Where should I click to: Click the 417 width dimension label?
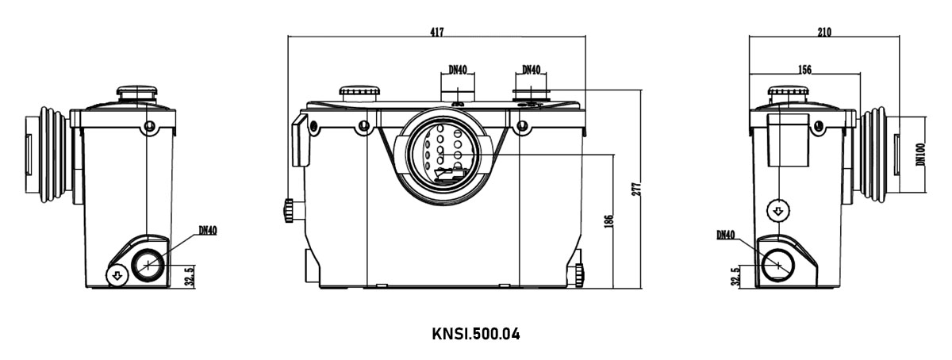(437, 32)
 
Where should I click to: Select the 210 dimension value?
(824, 32)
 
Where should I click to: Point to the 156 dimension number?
(804, 69)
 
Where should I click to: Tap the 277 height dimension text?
(636, 190)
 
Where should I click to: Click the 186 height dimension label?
(608, 221)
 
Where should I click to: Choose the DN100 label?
(920, 154)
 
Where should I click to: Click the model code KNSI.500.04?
(475, 334)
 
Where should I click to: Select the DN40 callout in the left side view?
(208, 231)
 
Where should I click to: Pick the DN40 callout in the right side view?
(725, 235)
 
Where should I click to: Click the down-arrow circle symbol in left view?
(117, 276)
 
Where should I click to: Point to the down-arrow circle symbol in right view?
(777, 211)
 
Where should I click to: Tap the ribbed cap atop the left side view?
(136, 93)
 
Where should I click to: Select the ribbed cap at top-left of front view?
(359, 93)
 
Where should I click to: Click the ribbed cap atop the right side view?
(788, 94)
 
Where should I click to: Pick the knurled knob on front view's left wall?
(290, 210)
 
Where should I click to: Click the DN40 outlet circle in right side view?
(777, 265)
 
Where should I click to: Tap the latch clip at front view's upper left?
(301, 140)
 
